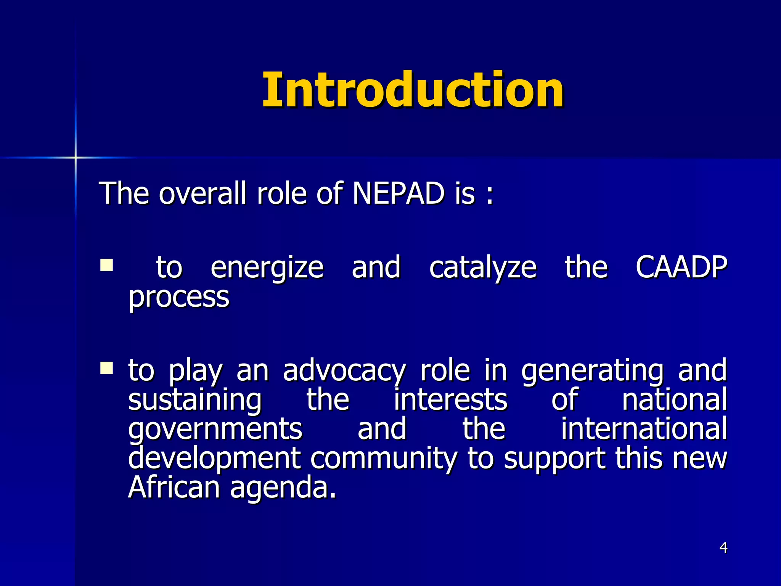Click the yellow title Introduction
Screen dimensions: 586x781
(x=413, y=90)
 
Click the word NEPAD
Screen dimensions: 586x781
(x=398, y=193)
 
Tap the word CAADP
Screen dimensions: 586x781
(x=681, y=267)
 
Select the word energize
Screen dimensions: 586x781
(x=267, y=268)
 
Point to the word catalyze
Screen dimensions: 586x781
(x=483, y=268)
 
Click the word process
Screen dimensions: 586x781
(x=178, y=297)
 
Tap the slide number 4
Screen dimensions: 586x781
(x=723, y=548)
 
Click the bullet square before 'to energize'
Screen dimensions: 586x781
(x=106, y=265)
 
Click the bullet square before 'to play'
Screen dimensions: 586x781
(x=106, y=368)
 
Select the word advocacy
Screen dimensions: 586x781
(x=344, y=371)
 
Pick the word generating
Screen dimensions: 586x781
(x=592, y=371)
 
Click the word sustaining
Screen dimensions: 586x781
(x=194, y=400)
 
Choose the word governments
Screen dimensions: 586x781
(x=215, y=429)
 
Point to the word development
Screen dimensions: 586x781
(x=214, y=459)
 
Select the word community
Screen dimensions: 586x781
(x=384, y=459)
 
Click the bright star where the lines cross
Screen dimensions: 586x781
(x=76, y=157)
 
